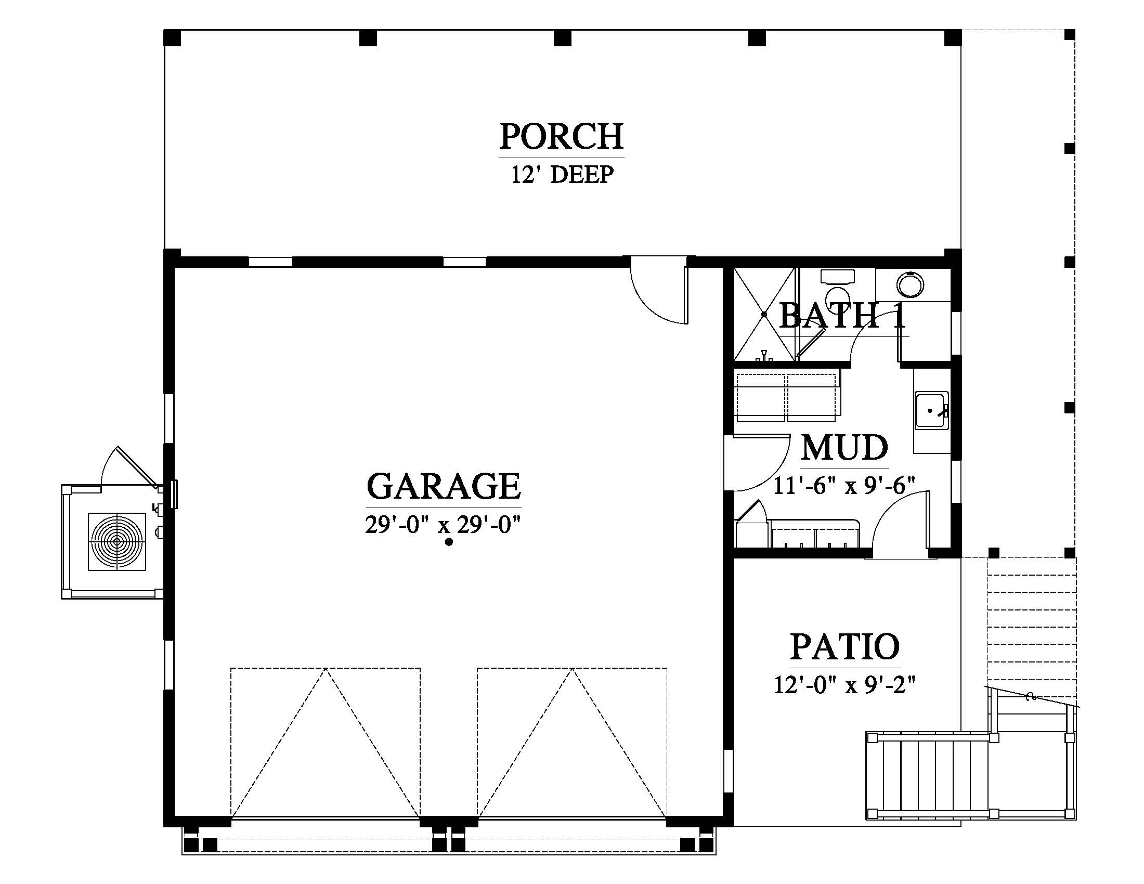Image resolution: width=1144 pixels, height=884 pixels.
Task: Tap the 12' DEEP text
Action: (x=562, y=175)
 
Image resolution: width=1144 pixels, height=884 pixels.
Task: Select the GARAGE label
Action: (x=444, y=486)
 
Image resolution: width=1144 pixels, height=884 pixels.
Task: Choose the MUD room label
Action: (x=844, y=448)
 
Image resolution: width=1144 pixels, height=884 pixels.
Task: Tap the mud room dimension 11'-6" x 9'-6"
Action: (x=844, y=486)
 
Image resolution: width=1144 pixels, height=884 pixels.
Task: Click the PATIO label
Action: (x=845, y=647)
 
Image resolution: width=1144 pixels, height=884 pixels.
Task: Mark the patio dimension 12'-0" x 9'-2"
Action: (x=845, y=684)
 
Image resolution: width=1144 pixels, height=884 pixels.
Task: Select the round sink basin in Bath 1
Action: (x=910, y=285)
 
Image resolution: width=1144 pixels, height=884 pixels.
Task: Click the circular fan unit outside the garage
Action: (x=117, y=541)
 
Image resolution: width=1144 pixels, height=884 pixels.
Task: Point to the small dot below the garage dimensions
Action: (x=449, y=542)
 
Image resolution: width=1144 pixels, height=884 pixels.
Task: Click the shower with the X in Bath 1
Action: (x=764, y=314)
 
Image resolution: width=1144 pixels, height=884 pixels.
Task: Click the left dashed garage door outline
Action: (x=326, y=743)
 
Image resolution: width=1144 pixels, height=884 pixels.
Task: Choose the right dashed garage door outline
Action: (x=572, y=743)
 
